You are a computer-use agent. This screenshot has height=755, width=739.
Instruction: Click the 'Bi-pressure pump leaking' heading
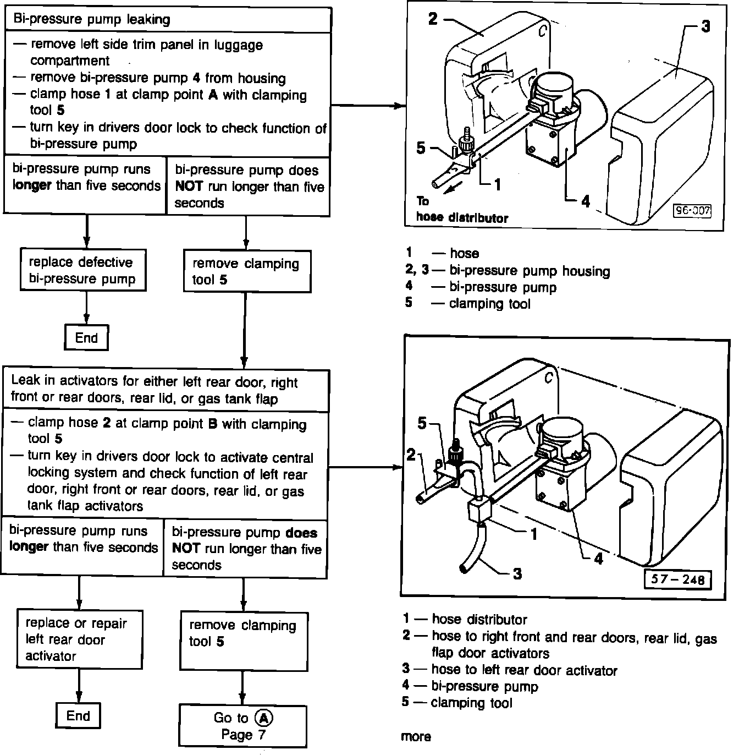[x=91, y=20]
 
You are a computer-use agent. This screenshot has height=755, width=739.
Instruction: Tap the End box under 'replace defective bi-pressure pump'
[x=86, y=338]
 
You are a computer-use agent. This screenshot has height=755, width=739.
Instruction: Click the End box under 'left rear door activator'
[x=78, y=716]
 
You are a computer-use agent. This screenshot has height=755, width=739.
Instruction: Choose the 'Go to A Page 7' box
[x=242, y=726]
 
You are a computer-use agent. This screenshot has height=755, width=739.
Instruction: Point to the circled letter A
[x=264, y=718]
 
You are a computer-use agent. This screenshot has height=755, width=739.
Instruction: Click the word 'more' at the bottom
[x=416, y=737]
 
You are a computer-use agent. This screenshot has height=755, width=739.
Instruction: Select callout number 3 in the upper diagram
[x=706, y=26]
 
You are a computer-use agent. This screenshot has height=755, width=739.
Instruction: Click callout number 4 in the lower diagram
[x=598, y=559]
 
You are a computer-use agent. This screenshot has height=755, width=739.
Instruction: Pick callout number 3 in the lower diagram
[x=517, y=574]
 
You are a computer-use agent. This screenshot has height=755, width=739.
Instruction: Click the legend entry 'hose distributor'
[x=479, y=620]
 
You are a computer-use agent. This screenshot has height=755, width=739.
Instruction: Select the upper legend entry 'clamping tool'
[x=489, y=304]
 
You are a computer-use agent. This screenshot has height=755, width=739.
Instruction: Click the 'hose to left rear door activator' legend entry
[x=524, y=670]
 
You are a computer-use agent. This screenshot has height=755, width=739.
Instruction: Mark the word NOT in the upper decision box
[x=189, y=187]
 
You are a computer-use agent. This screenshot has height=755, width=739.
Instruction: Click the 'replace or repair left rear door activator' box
[x=79, y=639]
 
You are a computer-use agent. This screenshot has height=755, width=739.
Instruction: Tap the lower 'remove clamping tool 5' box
[x=244, y=634]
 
